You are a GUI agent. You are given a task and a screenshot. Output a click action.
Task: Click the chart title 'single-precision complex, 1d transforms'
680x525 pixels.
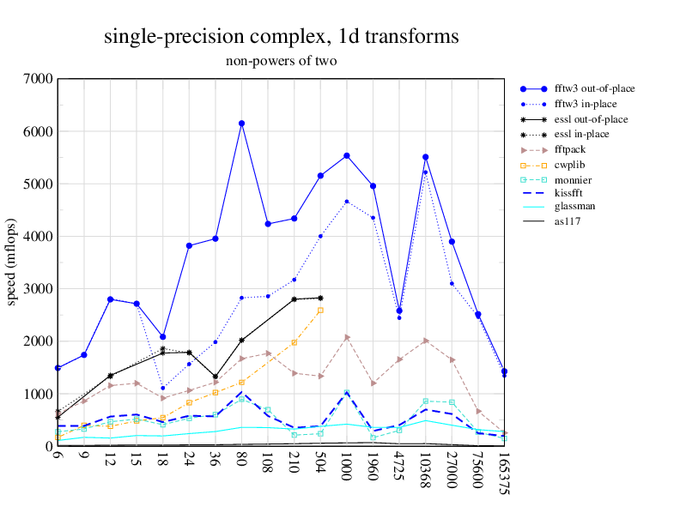pos(282,36)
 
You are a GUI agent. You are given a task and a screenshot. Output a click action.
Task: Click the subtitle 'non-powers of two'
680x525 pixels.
pos(281,61)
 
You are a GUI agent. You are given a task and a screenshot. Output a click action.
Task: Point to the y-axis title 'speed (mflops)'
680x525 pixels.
pos(12,262)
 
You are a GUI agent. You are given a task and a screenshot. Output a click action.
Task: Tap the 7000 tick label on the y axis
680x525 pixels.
pos(38,79)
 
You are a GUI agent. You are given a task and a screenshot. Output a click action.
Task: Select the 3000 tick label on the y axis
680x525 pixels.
pos(38,288)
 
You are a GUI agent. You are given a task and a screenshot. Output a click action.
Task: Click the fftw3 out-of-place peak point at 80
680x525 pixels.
pos(242,124)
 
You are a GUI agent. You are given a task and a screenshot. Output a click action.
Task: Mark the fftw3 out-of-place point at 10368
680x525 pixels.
pos(426,157)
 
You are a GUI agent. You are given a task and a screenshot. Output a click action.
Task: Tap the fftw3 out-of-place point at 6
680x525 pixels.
pos(58,368)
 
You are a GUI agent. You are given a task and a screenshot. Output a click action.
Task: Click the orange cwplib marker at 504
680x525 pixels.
pos(320,311)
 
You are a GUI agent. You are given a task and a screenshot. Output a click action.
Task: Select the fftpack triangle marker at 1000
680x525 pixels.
pos(347,337)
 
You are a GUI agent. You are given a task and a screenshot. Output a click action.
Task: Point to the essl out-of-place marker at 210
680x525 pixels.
pos(294,299)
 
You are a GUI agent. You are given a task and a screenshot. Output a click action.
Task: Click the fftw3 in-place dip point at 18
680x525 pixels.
pos(163,388)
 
